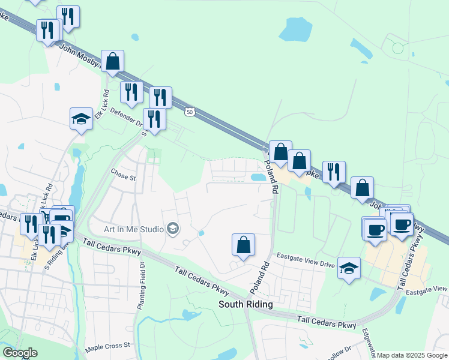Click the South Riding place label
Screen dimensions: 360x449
tap(245, 304)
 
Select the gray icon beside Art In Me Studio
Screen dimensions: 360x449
tap(173, 228)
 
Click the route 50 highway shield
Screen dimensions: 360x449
tap(190, 112)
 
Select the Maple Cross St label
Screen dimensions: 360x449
tap(107, 346)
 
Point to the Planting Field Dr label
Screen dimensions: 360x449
tap(142, 286)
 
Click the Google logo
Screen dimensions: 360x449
tap(19, 353)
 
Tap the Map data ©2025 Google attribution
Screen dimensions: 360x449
tap(412, 355)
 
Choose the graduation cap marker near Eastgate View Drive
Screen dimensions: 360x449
tap(349, 268)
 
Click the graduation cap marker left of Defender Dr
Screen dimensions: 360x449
tap(81, 118)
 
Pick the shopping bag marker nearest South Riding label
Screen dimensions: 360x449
tap(243, 245)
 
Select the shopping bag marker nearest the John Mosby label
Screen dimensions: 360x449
tap(112, 61)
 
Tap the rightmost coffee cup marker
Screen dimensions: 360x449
tap(402, 224)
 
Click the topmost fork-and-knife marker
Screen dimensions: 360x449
tap(68, 17)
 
